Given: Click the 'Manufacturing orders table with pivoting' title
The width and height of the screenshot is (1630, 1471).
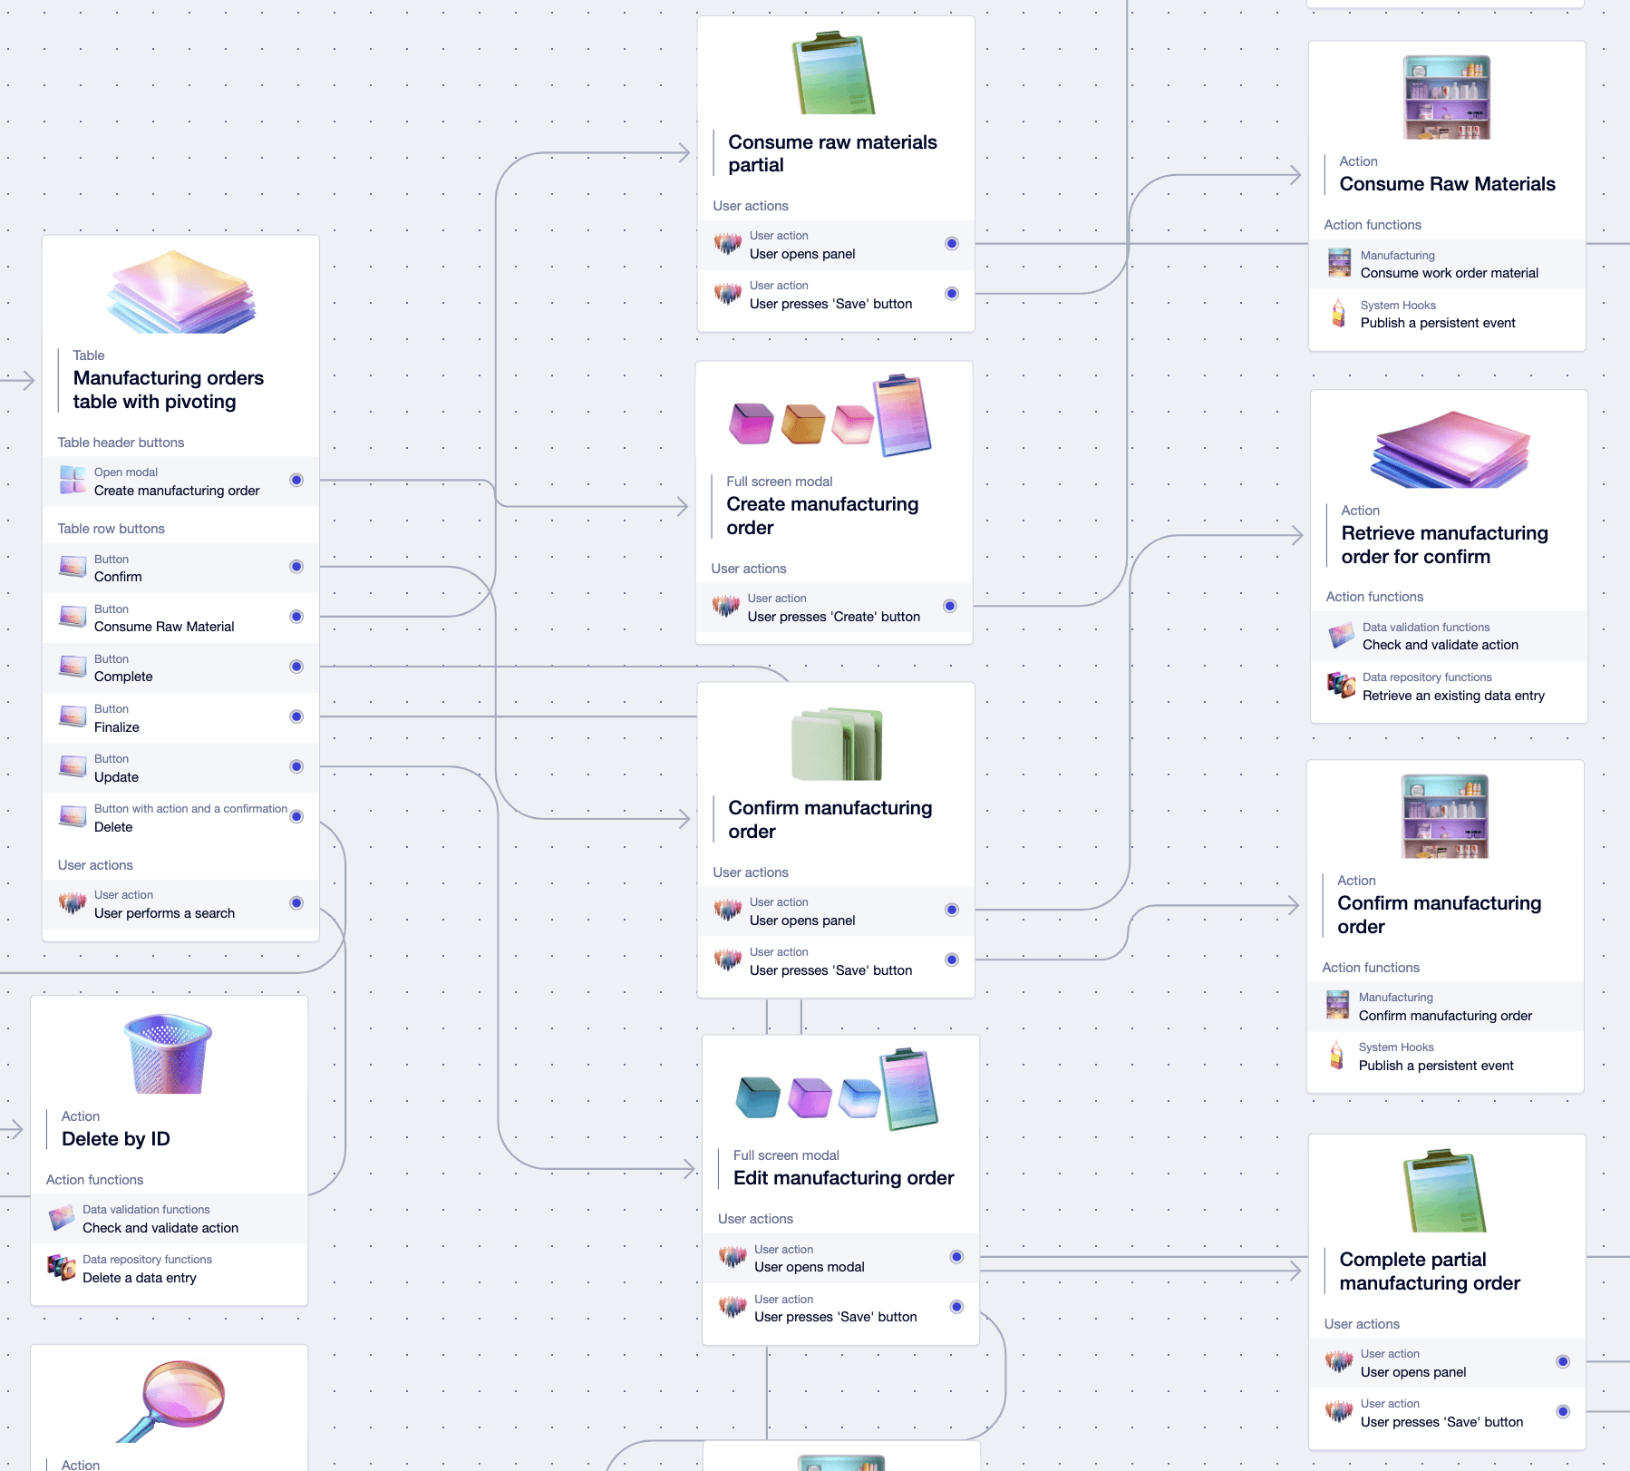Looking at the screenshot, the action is point(169,390).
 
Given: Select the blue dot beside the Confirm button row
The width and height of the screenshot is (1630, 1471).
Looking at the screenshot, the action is point(296,567).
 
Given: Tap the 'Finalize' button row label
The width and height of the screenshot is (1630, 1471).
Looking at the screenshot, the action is point(117,727).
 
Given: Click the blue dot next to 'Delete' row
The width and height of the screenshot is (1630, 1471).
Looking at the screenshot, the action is point(296,816).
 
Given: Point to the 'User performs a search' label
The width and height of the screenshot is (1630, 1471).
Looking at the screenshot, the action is point(164,913).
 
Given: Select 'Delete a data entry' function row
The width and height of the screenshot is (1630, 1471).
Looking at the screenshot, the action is point(140,1278).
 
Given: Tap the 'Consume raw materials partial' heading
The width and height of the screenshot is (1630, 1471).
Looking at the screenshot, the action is point(832,153).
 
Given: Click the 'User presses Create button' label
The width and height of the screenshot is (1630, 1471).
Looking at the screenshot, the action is point(833,617).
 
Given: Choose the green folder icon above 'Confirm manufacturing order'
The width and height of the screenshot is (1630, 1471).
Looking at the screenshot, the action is point(837,745).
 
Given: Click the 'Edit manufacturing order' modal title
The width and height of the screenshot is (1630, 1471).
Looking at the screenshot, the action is point(843,1178).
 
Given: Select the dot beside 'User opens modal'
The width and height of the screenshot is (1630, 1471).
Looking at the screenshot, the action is point(956,1257).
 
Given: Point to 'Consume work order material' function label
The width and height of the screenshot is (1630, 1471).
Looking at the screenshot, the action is point(1449,273).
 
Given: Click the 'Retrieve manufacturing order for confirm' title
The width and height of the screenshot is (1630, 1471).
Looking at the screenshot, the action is point(1444,545).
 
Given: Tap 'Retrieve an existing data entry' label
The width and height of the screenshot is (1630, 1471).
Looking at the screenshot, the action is point(1453,696).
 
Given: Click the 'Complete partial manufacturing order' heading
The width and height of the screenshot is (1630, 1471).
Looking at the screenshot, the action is point(1430,1271).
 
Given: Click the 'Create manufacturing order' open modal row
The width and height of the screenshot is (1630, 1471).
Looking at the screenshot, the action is point(177,491).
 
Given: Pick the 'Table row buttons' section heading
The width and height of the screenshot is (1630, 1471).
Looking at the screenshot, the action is point(112,529).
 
